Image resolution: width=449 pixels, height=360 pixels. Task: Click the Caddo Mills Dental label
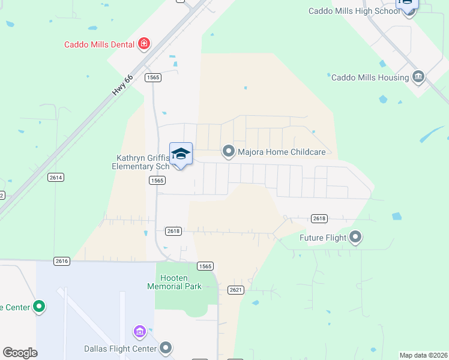click(x=100, y=44)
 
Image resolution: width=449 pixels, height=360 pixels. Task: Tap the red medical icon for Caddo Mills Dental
click(x=143, y=43)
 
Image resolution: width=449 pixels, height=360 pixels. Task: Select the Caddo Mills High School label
click(x=354, y=11)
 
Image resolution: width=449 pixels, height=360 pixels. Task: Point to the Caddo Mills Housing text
click(x=370, y=77)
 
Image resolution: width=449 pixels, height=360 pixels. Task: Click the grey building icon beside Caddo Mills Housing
click(x=418, y=76)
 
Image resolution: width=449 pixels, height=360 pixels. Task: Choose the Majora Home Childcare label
click(x=282, y=152)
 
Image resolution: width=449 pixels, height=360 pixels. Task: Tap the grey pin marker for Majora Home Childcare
click(x=228, y=151)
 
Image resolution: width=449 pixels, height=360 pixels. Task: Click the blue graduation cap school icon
click(x=181, y=154)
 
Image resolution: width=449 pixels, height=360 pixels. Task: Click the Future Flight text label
click(x=324, y=238)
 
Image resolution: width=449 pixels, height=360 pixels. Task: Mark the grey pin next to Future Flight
click(x=356, y=238)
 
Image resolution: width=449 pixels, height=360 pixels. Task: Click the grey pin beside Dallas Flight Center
click(x=166, y=348)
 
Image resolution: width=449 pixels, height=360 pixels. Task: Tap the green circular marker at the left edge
click(x=40, y=307)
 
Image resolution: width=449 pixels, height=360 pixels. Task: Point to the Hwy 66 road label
click(x=121, y=86)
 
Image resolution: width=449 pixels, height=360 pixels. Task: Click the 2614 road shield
click(x=56, y=178)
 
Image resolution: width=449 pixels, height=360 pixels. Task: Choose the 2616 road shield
click(x=61, y=261)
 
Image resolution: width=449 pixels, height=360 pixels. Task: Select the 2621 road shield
click(x=235, y=290)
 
